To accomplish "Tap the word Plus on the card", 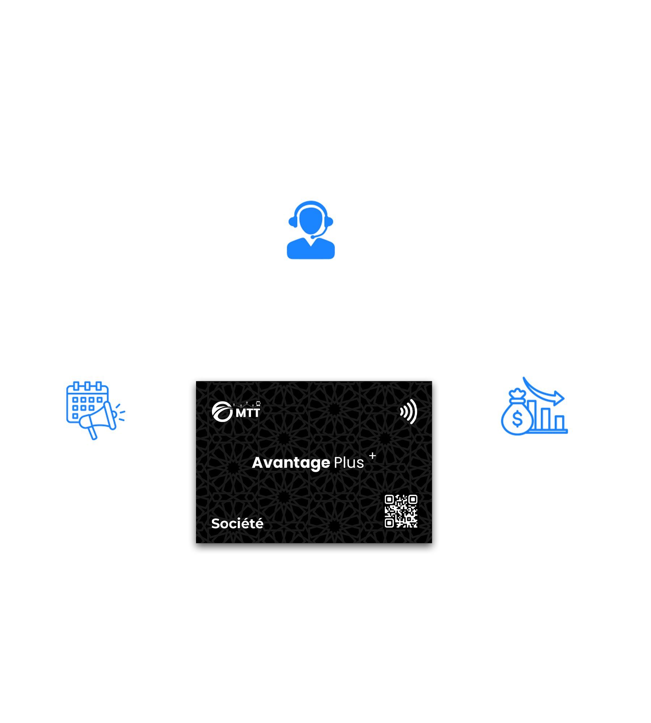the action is click(x=349, y=462).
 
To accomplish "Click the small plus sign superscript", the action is click(x=373, y=455).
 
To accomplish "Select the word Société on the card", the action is click(x=237, y=523).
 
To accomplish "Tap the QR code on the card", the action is click(x=401, y=511).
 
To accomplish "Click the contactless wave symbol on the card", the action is click(x=409, y=411).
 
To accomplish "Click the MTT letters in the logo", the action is click(x=248, y=413).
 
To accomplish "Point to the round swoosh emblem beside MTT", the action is click(x=222, y=412).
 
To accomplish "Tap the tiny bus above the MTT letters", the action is click(x=258, y=403).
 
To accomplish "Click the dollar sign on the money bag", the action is click(x=517, y=419).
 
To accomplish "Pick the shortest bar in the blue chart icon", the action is click(x=559, y=423).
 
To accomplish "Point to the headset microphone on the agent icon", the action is click(x=313, y=237).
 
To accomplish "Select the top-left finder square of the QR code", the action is click(x=389, y=500).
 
